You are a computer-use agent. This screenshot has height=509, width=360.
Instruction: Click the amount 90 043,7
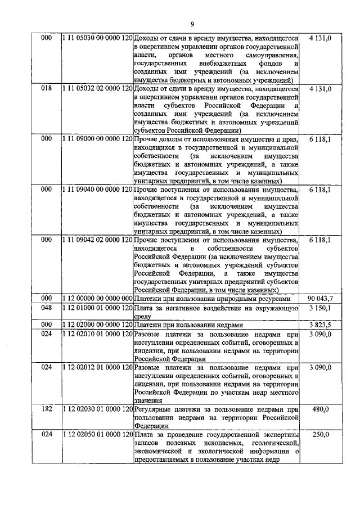click(x=321, y=299)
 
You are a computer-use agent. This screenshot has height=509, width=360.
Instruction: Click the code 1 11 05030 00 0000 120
click(x=96, y=38)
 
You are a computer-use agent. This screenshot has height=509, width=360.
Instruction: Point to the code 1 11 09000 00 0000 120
click(x=96, y=139)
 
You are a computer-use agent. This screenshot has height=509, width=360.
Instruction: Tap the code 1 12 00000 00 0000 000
click(x=96, y=299)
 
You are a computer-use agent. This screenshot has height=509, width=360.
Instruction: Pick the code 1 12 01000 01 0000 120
click(x=96, y=308)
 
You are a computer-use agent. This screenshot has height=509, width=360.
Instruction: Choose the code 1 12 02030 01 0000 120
click(x=96, y=409)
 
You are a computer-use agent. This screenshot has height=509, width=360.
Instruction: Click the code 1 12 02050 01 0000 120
click(x=96, y=435)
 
